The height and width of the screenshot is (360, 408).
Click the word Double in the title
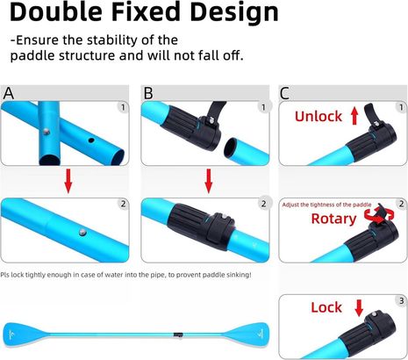(x=56, y=12)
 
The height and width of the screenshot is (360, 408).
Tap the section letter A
(x=9, y=93)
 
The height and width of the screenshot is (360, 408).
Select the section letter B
(x=148, y=93)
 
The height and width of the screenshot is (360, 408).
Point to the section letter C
(x=284, y=94)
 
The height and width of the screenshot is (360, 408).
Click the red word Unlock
(x=319, y=117)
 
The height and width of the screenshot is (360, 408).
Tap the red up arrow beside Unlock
(x=354, y=116)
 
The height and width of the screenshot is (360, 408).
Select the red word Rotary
(x=333, y=219)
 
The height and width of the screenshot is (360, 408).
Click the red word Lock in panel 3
(x=326, y=307)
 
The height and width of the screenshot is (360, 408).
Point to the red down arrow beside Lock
(x=359, y=308)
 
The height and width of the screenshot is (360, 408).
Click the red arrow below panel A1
(x=68, y=181)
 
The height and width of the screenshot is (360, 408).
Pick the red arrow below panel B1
(x=209, y=181)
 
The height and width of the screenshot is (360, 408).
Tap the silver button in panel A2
(x=82, y=233)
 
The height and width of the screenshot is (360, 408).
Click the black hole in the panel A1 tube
(x=91, y=140)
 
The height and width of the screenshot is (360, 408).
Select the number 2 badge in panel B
(x=263, y=204)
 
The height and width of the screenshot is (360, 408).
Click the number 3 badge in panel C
(x=401, y=300)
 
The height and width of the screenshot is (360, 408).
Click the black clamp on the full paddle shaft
(x=178, y=335)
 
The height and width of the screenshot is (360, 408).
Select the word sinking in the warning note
(x=239, y=275)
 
